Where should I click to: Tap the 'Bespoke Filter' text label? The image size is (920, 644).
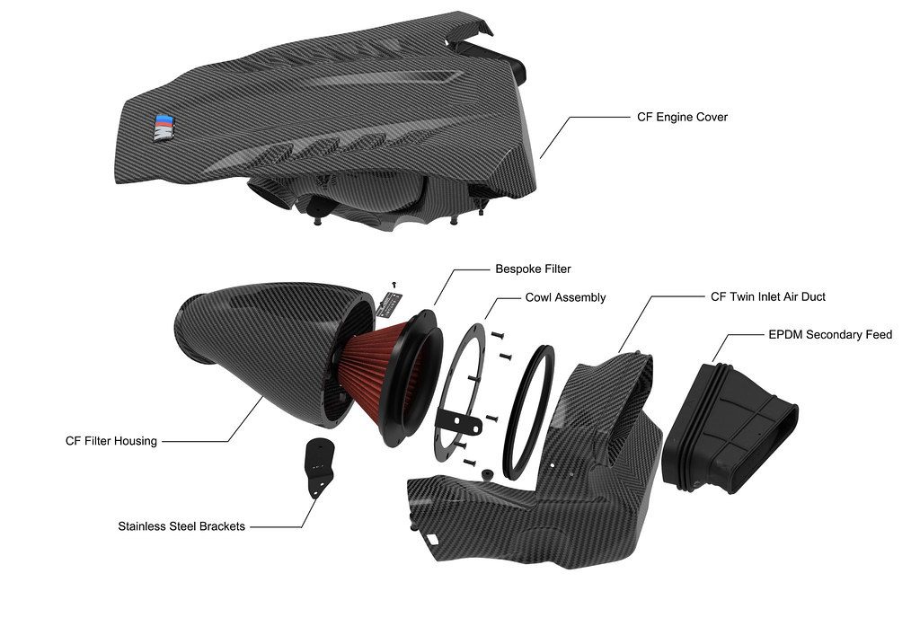(533, 269)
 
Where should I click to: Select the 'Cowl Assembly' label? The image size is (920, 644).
(565, 297)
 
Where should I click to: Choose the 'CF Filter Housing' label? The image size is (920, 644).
(111, 441)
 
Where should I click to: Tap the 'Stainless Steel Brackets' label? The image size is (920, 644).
(181, 526)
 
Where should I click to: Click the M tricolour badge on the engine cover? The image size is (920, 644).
(163, 127)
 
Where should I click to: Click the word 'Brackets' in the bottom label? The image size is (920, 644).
(219, 526)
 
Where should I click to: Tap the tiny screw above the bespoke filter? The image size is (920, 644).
(394, 284)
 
